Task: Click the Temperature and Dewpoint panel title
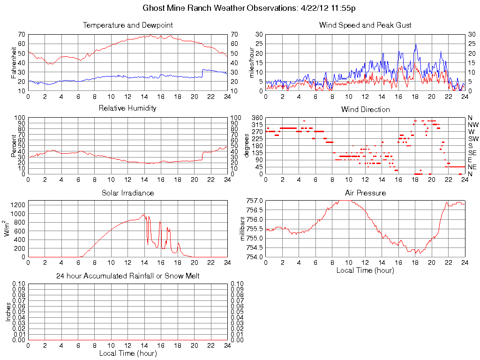127,25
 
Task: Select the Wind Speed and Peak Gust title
365,25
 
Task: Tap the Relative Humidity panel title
127,108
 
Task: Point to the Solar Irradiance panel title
127,193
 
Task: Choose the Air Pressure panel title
365,193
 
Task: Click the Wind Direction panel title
365,109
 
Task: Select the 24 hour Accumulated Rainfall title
127,276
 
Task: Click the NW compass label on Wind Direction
473,125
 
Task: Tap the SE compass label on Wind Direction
472,153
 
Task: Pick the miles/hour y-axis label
251,62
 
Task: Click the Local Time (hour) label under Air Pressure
365,270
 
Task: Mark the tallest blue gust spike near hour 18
415,45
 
